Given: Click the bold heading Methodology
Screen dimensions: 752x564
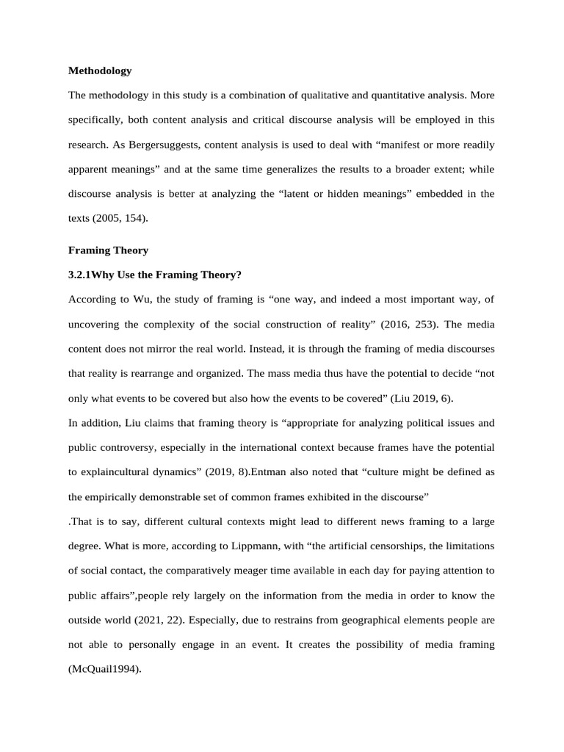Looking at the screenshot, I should (x=100, y=71).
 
